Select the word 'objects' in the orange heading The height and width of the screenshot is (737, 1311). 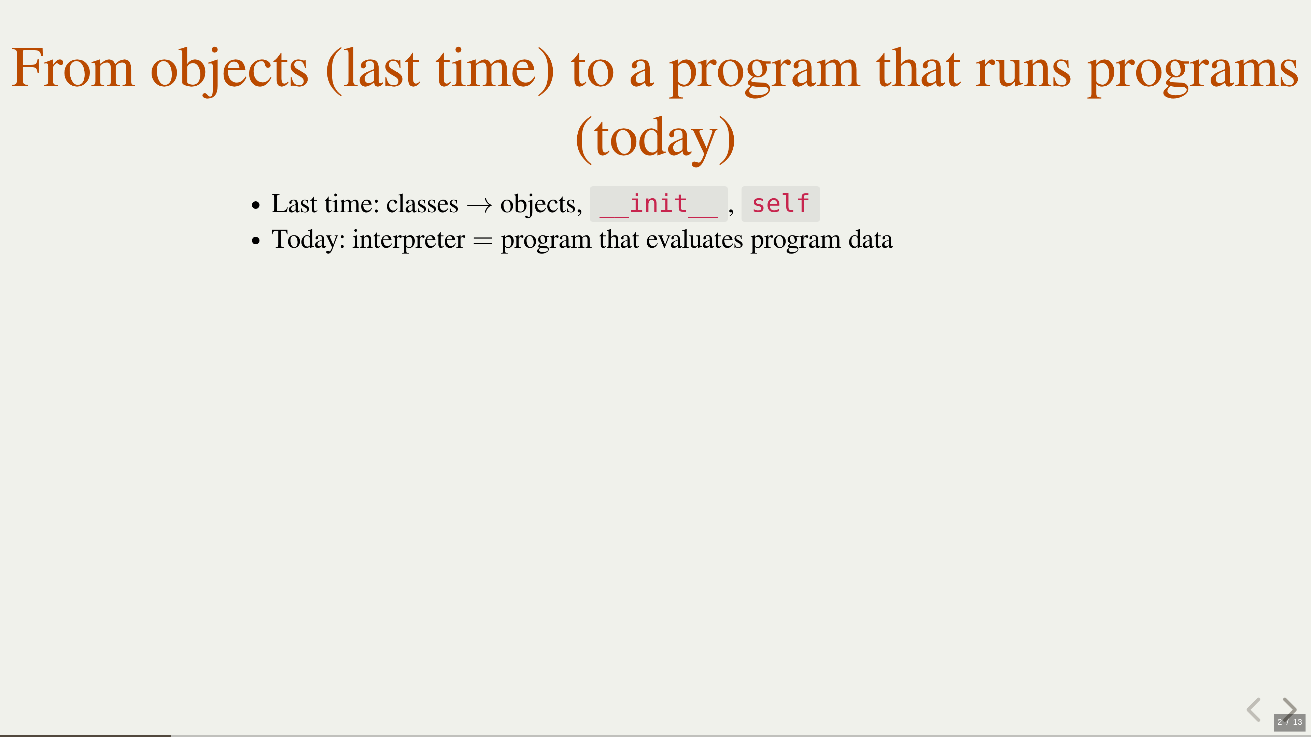click(229, 71)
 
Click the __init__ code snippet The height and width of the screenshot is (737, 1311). click(659, 204)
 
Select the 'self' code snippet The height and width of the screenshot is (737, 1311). click(780, 204)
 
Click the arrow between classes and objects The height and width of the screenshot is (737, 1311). click(479, 205)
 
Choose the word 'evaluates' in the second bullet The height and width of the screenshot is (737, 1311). click(694, 240)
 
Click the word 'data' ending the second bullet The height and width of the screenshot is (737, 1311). click(870, 240)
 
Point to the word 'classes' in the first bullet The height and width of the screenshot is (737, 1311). click(422, 204)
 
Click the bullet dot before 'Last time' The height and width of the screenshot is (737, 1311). click(255, 205)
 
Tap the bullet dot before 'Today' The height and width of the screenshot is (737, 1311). click(255, 241)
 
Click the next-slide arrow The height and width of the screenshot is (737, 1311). click(1289, 708)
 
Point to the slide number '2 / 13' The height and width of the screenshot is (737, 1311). click(1289, 722)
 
